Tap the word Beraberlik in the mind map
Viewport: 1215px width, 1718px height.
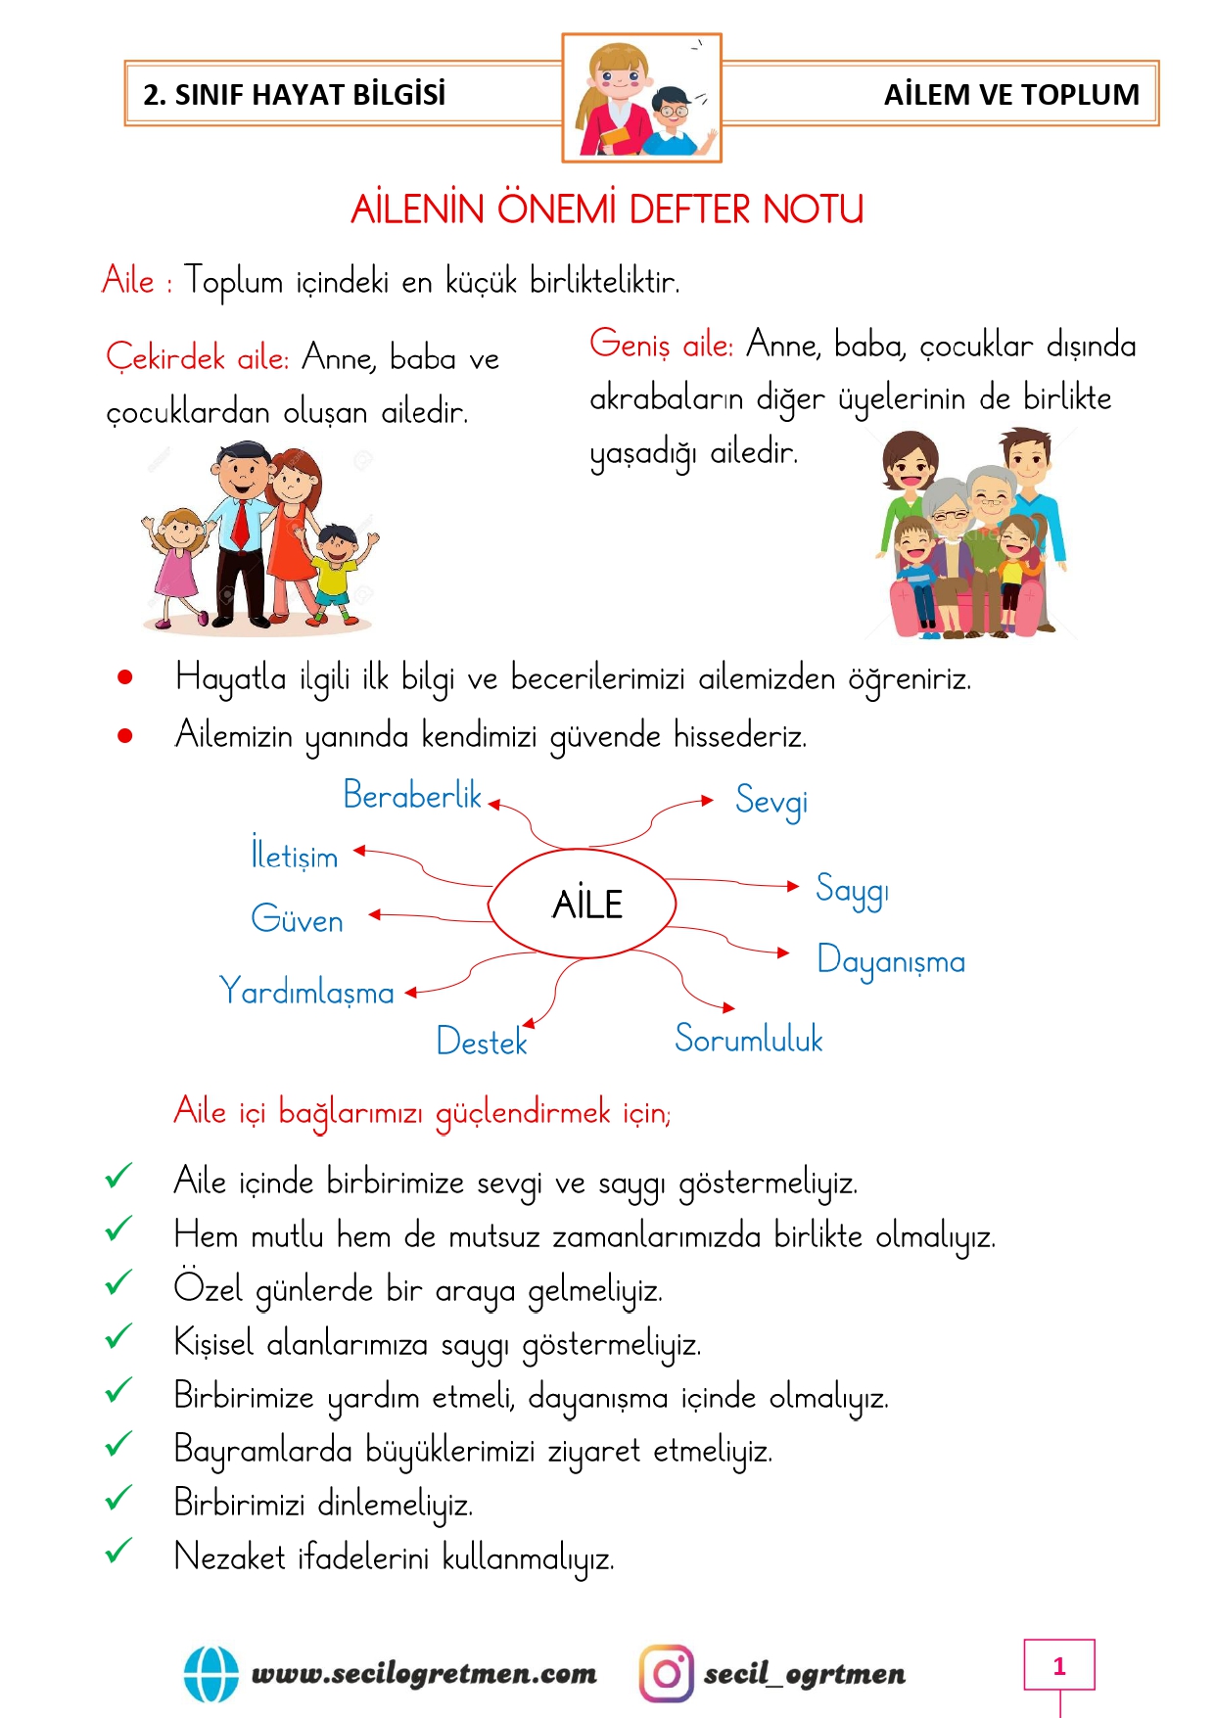(x=412, y=796)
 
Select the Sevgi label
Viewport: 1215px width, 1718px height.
(x=771, y=802)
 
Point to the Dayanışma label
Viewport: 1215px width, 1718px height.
(x=891, y=961)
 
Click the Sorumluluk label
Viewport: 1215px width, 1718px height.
(x=749, y=1039)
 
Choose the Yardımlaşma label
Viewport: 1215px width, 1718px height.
(x=307, y=992)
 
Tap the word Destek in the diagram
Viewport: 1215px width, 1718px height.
(x=482, y=1041)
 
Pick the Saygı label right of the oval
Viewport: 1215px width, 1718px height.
(x=852, y=890)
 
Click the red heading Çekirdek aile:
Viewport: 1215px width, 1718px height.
(x=197, y=357)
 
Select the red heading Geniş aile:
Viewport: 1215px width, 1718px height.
(x=661, y=345)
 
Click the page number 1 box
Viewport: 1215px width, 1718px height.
(x=1058, y=1665)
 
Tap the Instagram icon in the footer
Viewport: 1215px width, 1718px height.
(x=666, y=1673)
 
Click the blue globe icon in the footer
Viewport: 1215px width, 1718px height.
(x=211, y=1674)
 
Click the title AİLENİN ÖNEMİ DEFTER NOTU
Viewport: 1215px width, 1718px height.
(x=607, y=209)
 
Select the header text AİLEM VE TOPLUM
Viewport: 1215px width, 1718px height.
(x=1011, y=95)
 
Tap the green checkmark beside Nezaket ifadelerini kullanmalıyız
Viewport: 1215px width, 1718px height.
(x=118, y=1551)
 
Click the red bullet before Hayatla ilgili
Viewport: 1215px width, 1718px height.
(x=125, y=676)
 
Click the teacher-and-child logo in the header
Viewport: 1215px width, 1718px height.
(x=641, y=98)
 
